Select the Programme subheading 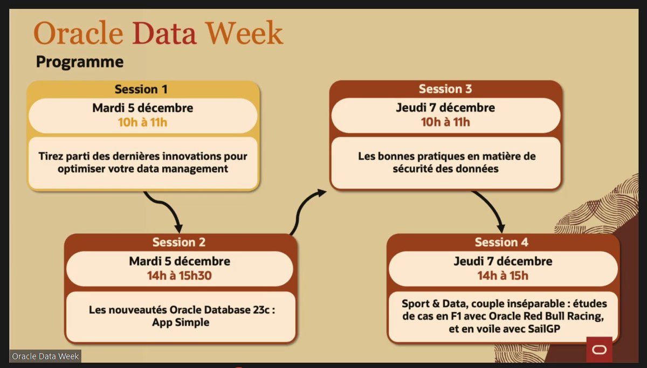tap(80, 62)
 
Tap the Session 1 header tap(143, 89)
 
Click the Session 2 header tap(179, 242)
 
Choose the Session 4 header tap(501, 242)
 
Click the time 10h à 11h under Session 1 tap(143, 122)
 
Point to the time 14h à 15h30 tap(180, 275)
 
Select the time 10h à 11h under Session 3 tap(446, 122)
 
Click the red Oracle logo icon tap(598, 350)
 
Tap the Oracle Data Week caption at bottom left tap(46, 356)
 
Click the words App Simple tap(179, 322)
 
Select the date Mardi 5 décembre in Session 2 tap(180, 261)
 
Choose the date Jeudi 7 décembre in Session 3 tap(446, 108)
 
